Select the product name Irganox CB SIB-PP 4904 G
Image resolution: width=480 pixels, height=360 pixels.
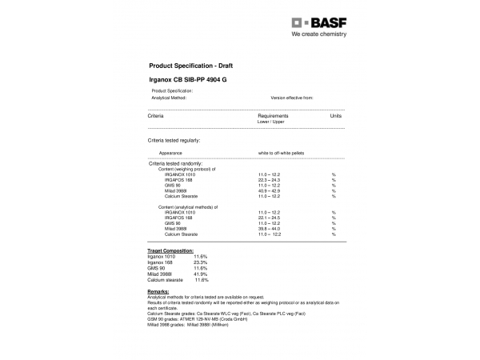point(189,81)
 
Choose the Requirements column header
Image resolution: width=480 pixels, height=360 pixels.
point(273,116)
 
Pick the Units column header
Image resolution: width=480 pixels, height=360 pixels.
point(335,116)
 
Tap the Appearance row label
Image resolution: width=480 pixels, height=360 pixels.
point(170,152)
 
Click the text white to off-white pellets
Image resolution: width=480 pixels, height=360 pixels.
point(281,152)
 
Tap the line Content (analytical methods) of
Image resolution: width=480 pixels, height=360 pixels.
point(189,207)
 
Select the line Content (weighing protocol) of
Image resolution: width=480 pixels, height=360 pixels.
point(188,169)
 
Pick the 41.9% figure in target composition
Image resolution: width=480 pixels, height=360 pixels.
point(200,275)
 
